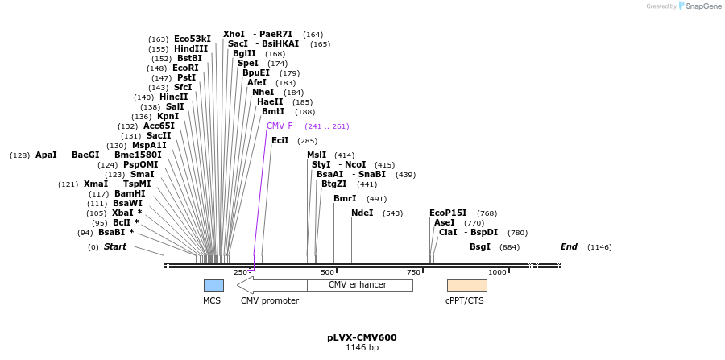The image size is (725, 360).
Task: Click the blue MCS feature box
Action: [x=213, y=285]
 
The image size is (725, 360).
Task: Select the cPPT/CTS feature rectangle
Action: [x=466, y=285]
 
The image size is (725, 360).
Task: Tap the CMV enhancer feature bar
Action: [x=359, y=285]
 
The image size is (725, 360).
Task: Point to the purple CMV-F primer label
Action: [x=280, y=126]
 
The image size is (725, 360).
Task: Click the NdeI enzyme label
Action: [x=362, y=213]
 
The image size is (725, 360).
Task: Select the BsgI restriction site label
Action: [x=480, y=247]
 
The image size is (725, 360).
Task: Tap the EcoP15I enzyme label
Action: [x=448, y=213]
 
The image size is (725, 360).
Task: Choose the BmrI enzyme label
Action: [x=345, y=199]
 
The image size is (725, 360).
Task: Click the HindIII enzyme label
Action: [x=191, y=49]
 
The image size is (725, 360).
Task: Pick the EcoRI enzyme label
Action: [x=185, y=68]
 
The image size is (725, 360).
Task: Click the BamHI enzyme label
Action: [x=130, y=194]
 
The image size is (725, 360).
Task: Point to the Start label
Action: [x=115, y=247]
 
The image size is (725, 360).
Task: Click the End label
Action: [x=569, y=247]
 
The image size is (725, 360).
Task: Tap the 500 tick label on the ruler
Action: [x=327, y=272]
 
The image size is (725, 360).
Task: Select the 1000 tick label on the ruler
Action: [x=497, y=272]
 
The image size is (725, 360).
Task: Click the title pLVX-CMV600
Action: [x=362, y=337]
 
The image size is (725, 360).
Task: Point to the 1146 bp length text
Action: [x=362, y=348]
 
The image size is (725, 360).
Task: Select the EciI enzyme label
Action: [x=280, y=141]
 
